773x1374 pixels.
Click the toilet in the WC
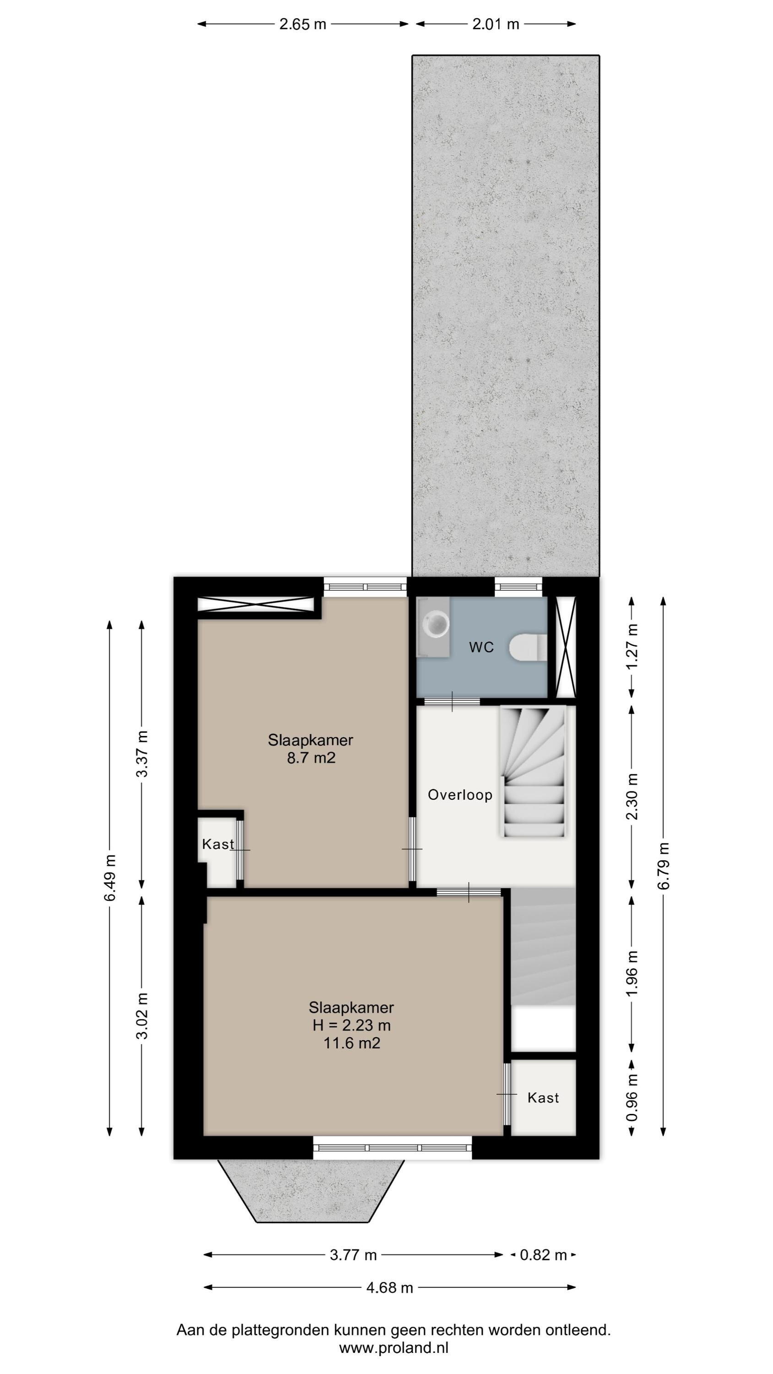tap(528, 647)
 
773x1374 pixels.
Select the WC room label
tap(481, 648)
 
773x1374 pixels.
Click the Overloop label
tap(460, 795)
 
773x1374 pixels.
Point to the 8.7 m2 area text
tap(311, 758)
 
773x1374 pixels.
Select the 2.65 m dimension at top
tap(303, 24)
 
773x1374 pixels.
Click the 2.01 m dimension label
tap(495, 24)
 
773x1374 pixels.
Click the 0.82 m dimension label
tap(543, 1255)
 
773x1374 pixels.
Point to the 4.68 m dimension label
tap(389, 1287)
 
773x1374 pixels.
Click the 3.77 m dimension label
tap(353, 1255)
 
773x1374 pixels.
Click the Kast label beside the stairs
tap(543, 1098)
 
